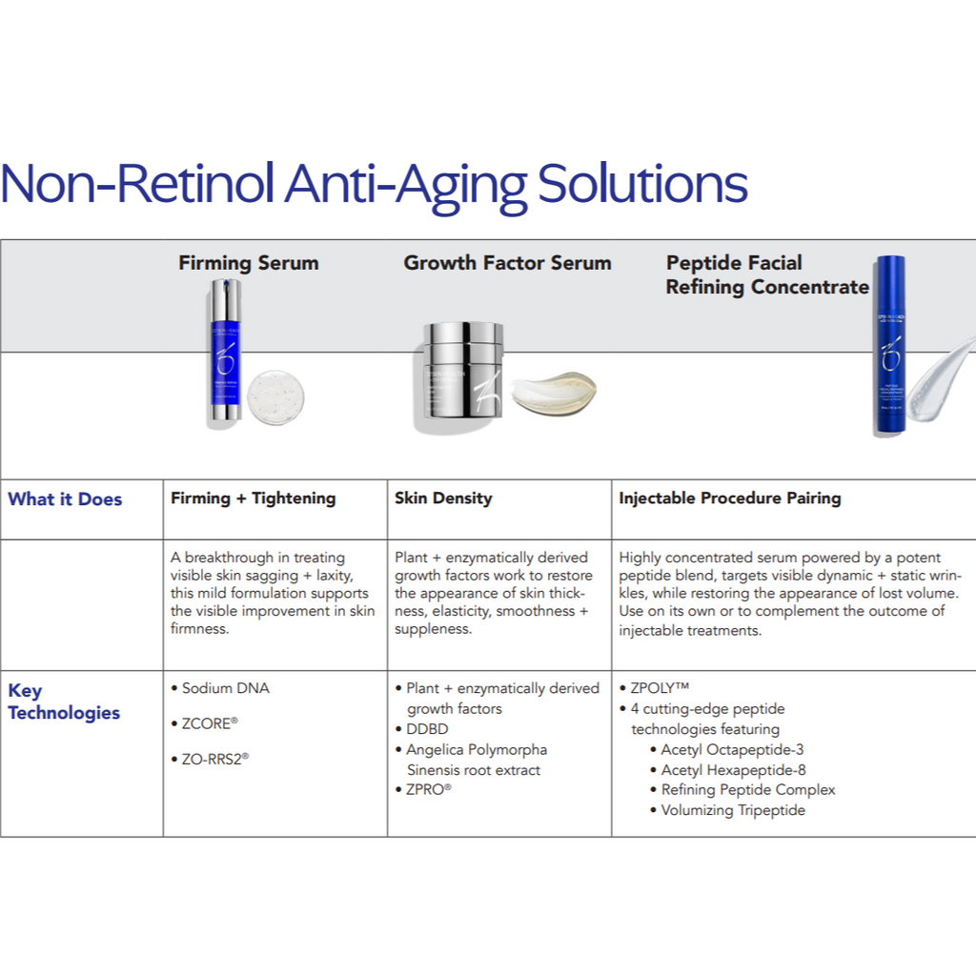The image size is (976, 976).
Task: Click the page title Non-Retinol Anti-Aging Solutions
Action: tap(374, 185)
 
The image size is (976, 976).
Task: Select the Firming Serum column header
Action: tap(249, 263)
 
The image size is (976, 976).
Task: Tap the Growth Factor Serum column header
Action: tap(507, 263)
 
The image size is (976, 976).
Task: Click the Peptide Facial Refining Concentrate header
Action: tap(767, 275)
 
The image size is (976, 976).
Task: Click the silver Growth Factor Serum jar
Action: tap(462, 375)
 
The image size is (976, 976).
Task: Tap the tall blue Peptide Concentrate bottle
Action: tap(890, 345)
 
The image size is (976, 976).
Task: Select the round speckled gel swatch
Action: tap(275, 396)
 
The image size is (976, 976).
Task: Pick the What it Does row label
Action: tap(65, 499)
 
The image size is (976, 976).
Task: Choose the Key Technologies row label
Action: tap(64, 701)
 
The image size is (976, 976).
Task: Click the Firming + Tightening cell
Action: tap(253, 498)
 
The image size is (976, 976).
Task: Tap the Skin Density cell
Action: tap(443, 498)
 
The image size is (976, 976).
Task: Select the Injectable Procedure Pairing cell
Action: tap(729, 498)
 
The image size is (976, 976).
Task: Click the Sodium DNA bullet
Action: tap(220, 688)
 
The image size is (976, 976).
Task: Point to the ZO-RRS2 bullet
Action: tap(210, 760)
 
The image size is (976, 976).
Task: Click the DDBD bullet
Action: tap(421, 729)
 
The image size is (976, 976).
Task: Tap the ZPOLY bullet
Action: tap(654, 688)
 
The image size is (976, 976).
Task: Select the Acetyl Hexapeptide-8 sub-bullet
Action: tap(727, 770)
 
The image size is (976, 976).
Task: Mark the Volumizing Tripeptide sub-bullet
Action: tap(727, 810)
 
